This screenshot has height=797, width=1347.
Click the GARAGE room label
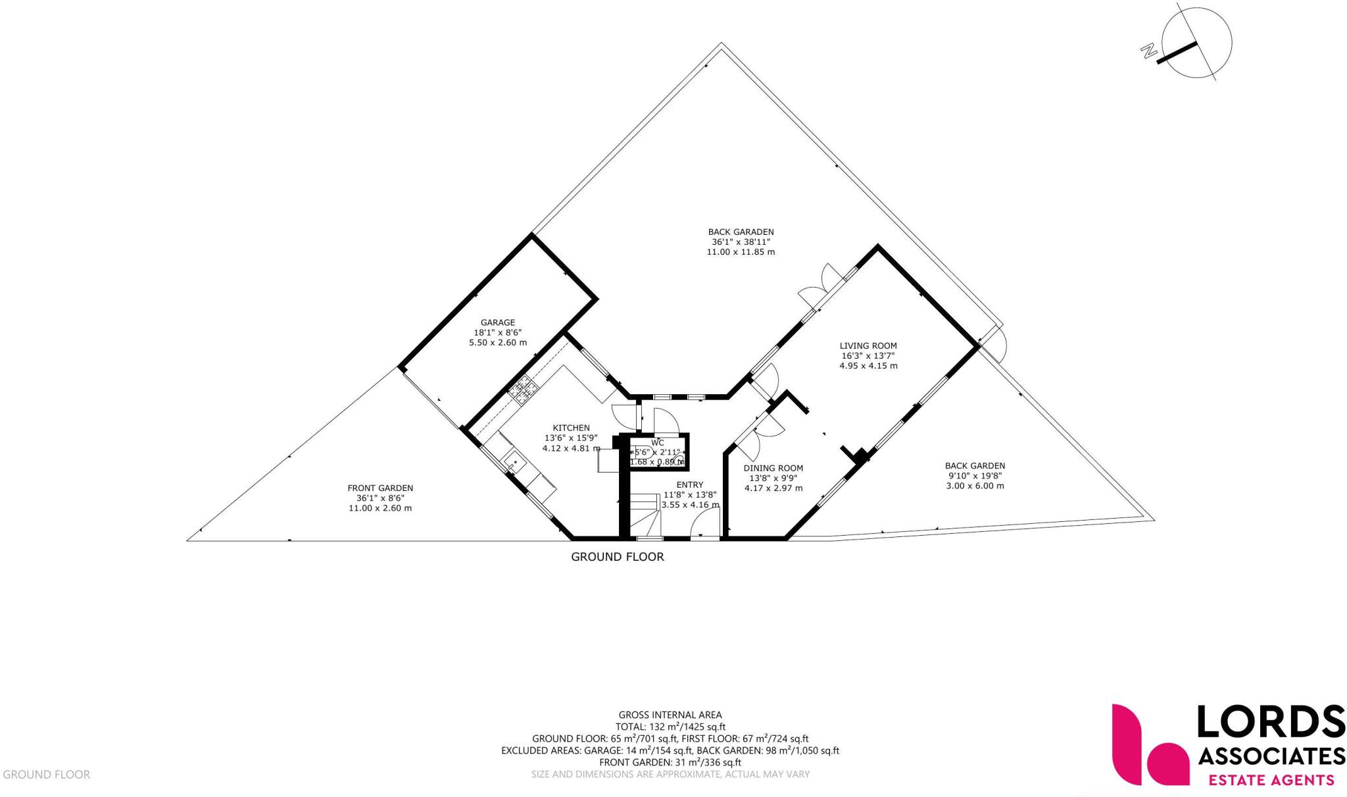point(497,322)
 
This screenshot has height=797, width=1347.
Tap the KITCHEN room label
point(571,428)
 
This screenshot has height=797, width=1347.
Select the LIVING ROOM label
point(868,346)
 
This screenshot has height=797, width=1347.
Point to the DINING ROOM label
point(773,469)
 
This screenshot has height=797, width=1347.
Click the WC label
point(658,442)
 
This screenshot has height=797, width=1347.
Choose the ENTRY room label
point(690,485)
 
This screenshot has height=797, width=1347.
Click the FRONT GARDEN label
point(380,488)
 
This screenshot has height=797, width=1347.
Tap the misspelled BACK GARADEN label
point(741,232)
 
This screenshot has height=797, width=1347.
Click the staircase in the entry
point(645,517)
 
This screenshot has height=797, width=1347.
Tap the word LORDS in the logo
point(1269,722)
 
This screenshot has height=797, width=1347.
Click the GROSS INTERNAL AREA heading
point(670,715)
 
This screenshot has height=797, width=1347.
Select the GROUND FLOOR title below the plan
point(617,557)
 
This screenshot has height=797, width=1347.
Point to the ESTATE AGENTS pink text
point(1271,781)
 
